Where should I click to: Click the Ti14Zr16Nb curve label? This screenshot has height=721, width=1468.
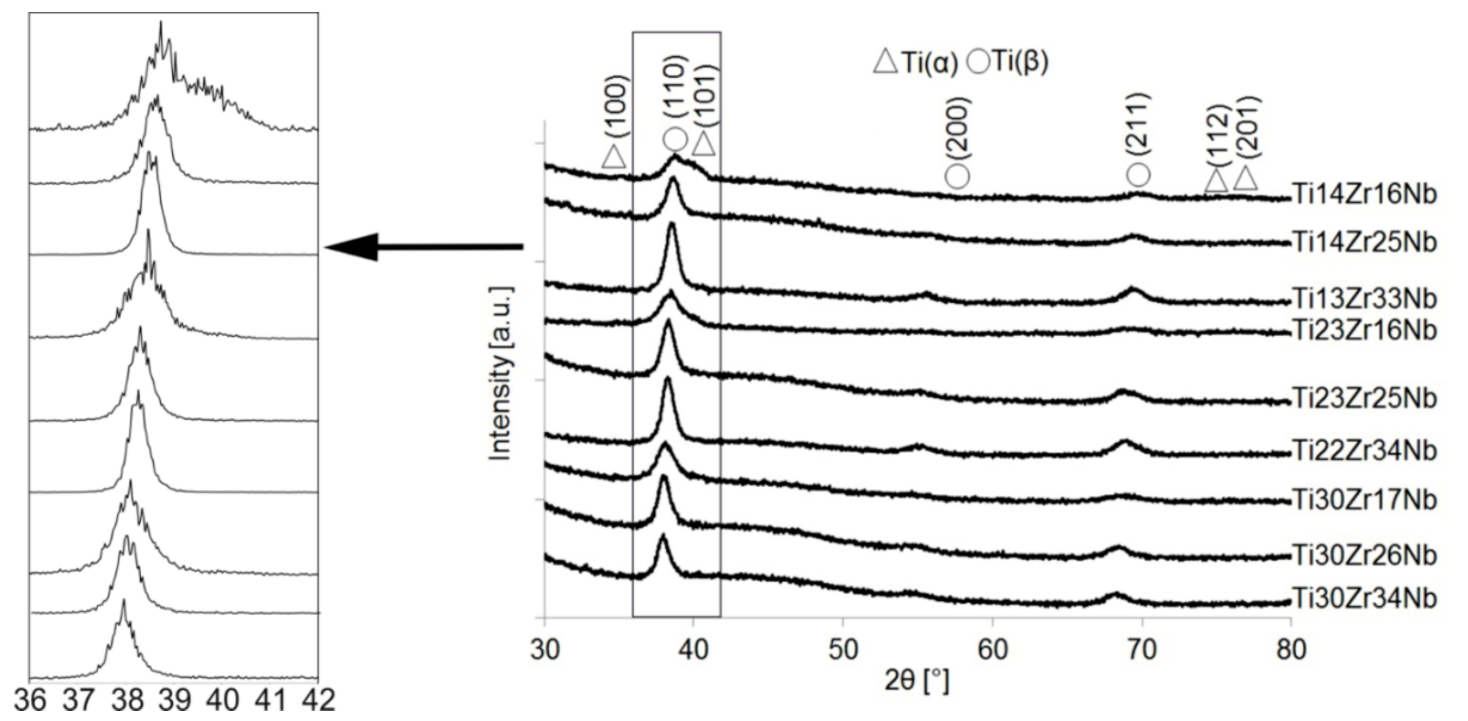click(1364, 194)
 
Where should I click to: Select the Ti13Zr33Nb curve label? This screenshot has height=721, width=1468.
click(1364, 298)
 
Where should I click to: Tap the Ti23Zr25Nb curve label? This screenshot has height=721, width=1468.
click(1364, 398)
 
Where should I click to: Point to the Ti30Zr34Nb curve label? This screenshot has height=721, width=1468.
click(1364, 599)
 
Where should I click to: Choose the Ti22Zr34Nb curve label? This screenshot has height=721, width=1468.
click(1364, 451)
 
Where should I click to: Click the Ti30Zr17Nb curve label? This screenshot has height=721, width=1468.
click(1364, 500)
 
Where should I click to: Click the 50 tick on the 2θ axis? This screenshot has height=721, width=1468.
click(843, 650)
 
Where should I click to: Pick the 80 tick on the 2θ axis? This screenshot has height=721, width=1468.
click(1291, 650)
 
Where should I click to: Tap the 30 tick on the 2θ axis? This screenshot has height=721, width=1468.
click(545, 650)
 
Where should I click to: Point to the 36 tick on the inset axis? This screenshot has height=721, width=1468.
click(30, 700)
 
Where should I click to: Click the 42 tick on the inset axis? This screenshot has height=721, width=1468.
click(318, 700)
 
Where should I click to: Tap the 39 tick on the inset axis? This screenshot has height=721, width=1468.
click(174, 700)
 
